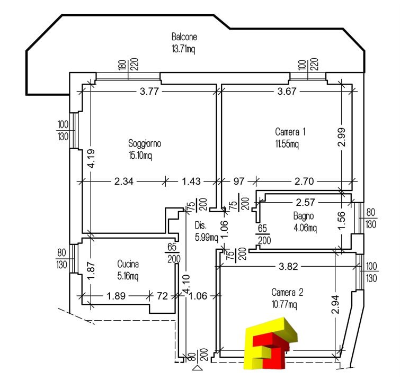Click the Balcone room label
(184, 37)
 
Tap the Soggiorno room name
(145, 143)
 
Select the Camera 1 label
(290, 132)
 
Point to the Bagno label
(304, 216)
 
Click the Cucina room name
(128, 264)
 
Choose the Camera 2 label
(287, 292)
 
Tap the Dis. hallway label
(200, 225)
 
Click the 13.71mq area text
(183, 49)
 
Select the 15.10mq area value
(140, 155)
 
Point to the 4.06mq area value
(305, 228)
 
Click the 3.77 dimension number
(149, 91)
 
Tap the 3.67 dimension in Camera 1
(287, 91)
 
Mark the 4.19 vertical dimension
(91, 158)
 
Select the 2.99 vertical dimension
(342, 137)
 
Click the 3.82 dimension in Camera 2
(288, 267)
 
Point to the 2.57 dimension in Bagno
(305, 202)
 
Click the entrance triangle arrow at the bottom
(198, 368)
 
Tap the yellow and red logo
(271, 343)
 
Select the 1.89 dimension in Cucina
(116, 296)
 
